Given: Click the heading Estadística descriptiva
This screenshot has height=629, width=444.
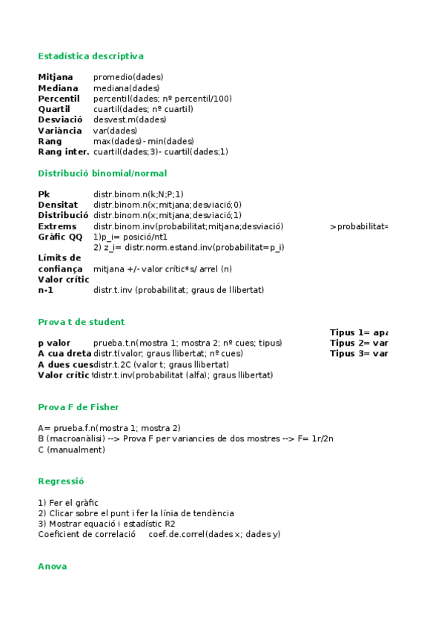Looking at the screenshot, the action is (90, 56).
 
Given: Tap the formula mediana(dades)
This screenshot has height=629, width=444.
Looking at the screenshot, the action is (126, 88).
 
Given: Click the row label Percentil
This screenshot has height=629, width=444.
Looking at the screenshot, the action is (59, 99).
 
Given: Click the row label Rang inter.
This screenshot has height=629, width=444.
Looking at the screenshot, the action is (63, 152).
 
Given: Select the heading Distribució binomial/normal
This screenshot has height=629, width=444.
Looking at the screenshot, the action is (102, 173).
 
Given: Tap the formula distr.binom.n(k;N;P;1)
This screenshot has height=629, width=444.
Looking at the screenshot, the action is (139, 194).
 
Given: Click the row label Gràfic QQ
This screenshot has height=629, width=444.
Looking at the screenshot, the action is (60, 237).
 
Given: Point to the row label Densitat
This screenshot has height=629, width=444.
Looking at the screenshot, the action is (58, 205).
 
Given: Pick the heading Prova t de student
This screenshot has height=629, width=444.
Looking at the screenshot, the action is (81, 322).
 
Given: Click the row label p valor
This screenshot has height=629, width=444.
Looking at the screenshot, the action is (54, 343).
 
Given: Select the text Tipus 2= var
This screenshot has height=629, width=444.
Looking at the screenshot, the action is (359, 343).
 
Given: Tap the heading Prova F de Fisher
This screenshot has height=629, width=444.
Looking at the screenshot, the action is (78, 406).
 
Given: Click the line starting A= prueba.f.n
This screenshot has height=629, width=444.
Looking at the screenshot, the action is (109, 428).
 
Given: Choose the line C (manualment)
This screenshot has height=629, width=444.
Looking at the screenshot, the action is (71, 449).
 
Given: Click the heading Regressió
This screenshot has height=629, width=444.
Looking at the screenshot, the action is (61, 481).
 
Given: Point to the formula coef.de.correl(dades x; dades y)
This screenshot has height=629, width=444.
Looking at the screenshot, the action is (214, 534).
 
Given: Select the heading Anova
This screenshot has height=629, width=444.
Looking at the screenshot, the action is (52, 566).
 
